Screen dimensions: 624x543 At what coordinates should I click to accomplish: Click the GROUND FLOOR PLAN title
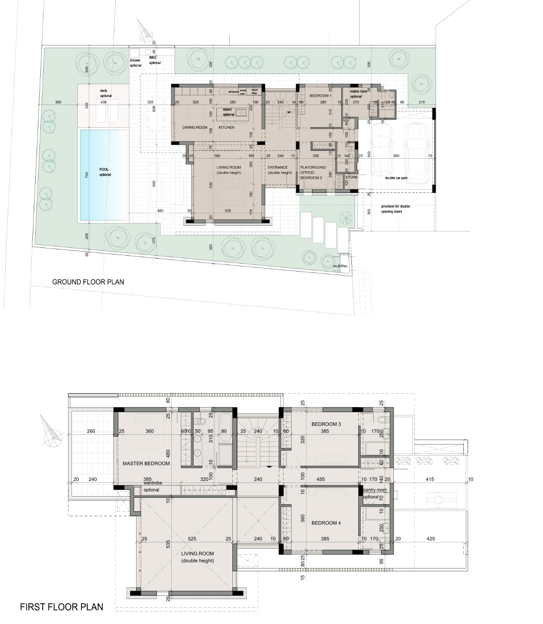point(88,282)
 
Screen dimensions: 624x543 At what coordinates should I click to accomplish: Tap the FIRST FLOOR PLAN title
point(62,607)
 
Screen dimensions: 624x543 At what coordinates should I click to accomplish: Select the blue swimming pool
point(104,175)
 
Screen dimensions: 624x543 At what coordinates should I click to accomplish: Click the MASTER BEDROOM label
point(146,463)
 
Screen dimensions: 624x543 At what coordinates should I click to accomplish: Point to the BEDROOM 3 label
point(326,424)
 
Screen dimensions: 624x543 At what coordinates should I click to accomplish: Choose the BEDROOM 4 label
point(326,523)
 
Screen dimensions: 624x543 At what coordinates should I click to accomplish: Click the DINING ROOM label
point(195,127)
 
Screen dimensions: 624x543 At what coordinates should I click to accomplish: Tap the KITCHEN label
point(226,127)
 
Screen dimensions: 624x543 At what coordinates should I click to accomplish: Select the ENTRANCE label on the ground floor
point(278,167)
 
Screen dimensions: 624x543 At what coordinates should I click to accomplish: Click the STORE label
point(351,177)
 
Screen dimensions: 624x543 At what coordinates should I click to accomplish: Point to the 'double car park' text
point(396,178)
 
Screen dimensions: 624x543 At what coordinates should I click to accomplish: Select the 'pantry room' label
point(375,490)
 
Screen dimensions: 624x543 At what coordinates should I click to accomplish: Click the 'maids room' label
point(358,92)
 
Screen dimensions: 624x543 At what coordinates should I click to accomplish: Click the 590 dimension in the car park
point(396,156)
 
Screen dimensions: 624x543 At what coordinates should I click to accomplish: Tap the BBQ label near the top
point(152,57)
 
